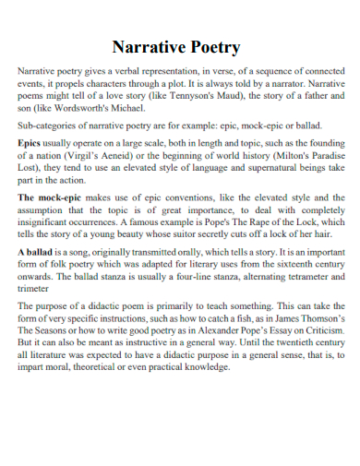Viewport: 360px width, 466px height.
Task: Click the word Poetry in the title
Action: coord(211,47)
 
